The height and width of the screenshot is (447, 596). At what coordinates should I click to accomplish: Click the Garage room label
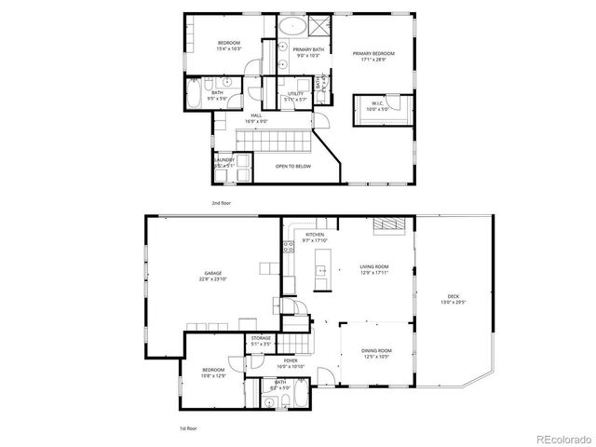pos(213,276)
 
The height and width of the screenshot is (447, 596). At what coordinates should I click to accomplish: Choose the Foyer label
pos(291,363)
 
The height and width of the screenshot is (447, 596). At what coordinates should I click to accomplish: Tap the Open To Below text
pos(293,167)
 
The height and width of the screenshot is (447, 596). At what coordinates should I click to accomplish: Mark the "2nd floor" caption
pos(221,201)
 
